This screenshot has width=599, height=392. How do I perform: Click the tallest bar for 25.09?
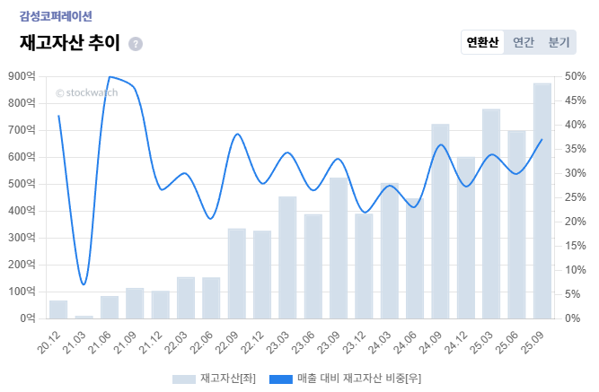tap(542, 201)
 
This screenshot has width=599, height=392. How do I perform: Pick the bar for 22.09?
tap(237, 274)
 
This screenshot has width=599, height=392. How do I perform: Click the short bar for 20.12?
tap(58, 309)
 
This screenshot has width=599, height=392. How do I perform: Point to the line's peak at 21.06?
tap(110, 77)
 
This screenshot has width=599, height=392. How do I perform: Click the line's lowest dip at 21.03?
tap(84, 284)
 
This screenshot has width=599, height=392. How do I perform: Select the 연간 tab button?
tap(524, 42)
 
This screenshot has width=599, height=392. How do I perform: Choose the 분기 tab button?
tap(559, 42)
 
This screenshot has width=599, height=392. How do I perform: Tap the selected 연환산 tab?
tap(483, 42)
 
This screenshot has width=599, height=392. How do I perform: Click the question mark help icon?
tap(136, 44)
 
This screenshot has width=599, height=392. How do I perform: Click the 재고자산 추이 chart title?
tap(69, 43)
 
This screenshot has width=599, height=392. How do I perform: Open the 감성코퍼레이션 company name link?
tap(56, 16)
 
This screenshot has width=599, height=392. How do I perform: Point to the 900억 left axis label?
tap(21, 76)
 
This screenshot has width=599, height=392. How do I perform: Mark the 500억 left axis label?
tap(21, 184)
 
